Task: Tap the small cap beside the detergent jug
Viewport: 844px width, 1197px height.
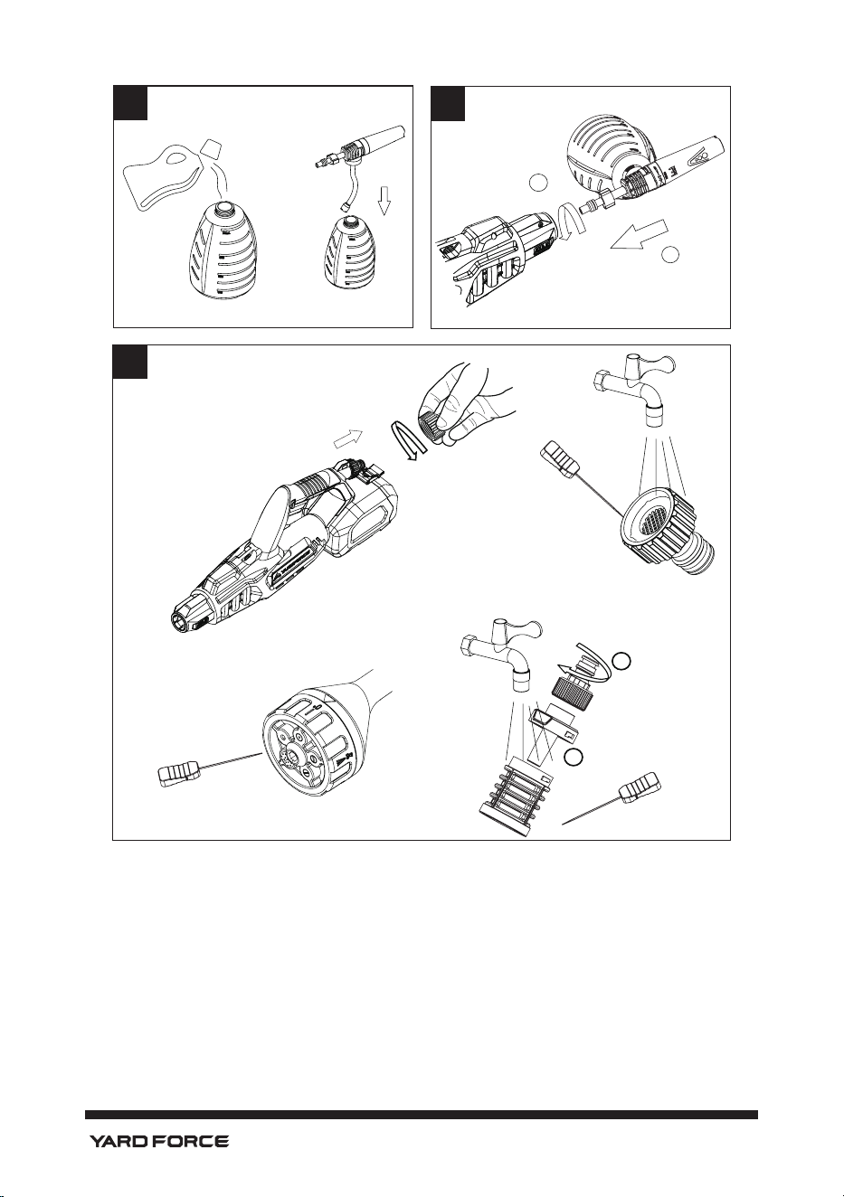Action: [212, 148]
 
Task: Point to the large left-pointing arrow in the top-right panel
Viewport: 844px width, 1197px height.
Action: [640, 235]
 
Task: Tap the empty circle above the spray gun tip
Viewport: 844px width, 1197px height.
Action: [538, 183]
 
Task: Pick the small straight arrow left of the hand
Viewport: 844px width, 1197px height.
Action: [348, 438]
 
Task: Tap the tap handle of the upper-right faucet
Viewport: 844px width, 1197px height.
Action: [663, 365]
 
